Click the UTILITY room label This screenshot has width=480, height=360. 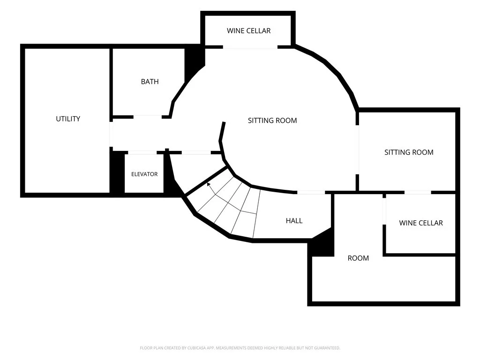point(68,119)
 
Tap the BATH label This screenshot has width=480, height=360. point(150,82)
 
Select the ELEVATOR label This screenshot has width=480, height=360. point(144,174)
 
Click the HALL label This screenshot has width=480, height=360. point(294,221)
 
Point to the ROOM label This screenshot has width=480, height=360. point(358,258)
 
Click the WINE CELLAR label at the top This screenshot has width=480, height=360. point(248,31)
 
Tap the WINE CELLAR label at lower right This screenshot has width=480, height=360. point(421,223)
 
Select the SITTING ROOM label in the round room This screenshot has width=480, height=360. point(272,120)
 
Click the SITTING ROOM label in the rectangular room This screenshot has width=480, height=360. point(409,152)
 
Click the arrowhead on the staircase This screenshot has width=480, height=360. point(209,184)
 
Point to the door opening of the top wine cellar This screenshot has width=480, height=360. point(250,47)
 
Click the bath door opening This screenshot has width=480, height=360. point(148,117)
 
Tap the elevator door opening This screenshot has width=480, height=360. point(142,152)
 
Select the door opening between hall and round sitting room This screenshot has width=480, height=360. point(311,193)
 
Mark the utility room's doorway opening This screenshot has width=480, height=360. point(112,135)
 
